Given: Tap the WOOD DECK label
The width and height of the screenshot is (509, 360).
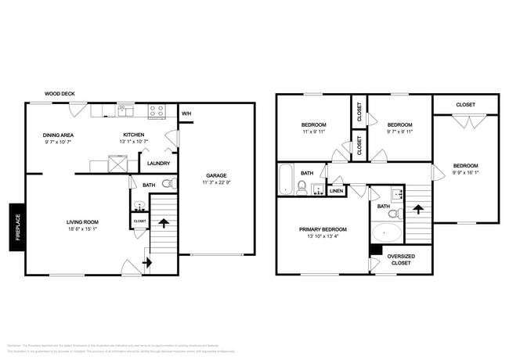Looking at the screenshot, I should [60, 94].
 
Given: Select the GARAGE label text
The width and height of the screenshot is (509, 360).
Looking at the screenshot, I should [216, 175].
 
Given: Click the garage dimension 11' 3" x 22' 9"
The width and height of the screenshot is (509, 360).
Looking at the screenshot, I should [216, 183].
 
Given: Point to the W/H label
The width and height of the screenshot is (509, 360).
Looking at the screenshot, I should [186, 114].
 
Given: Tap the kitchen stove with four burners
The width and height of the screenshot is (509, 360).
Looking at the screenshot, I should [156, 111].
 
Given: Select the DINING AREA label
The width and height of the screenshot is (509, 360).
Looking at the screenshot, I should [58, 135].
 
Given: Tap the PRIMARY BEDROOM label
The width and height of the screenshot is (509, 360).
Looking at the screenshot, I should [323, 229].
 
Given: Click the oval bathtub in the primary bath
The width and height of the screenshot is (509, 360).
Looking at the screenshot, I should [387, 232].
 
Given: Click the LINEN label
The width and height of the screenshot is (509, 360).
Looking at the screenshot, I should [336, 191].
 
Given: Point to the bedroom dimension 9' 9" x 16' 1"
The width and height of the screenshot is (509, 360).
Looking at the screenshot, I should [465, 174].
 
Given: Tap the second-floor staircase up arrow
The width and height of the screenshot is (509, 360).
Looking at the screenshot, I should [419, 210].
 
